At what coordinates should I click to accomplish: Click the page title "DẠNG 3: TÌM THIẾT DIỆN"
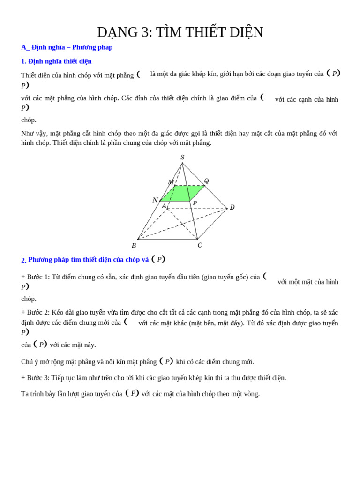point(180,32)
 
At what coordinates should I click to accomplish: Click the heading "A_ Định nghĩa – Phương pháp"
point(67,47)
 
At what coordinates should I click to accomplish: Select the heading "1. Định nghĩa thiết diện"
point(56,61)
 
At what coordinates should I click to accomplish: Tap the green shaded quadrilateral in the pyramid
point(183,193)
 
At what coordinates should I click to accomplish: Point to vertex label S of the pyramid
point(182,157)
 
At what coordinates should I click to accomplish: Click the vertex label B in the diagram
point(134,246)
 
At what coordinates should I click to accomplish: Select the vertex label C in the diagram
point(200,245)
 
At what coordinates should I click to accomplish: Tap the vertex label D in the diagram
point(232,207)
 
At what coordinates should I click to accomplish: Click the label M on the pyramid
point(171,182)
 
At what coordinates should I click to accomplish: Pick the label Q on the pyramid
point(206,181)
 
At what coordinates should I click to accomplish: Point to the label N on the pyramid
point(155,200)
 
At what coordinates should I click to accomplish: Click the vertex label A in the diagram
point(164,206)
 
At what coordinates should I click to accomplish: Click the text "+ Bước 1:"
point(36,277)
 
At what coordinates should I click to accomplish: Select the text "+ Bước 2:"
point(36,313)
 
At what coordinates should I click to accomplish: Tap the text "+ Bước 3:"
point(36,378)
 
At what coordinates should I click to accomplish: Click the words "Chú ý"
point(30,362)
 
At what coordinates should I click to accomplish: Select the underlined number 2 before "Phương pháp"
point(23,260)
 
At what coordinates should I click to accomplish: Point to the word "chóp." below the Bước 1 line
point(29,299)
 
